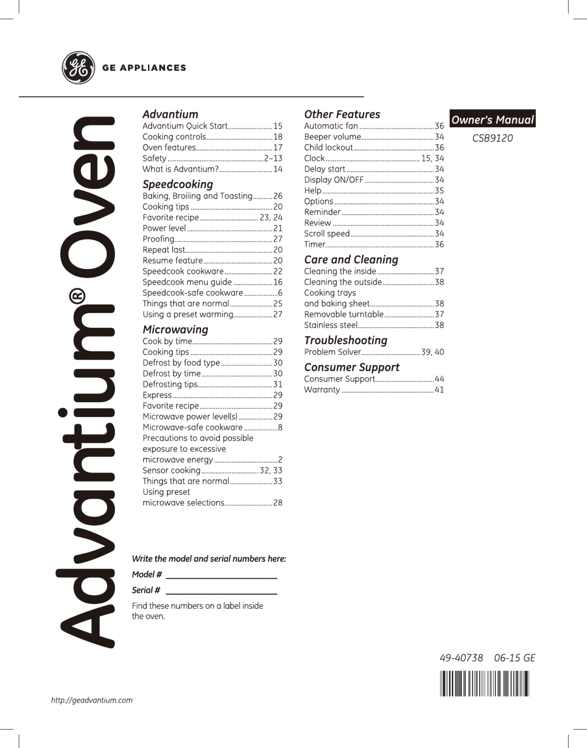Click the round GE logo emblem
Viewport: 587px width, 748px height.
pos(78,68)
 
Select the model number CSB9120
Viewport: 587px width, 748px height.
pos(492,138)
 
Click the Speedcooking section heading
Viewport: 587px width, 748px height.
pos(178,184)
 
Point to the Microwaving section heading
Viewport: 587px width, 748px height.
pos(175,329)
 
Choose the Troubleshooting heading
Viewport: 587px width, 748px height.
pos(345,340)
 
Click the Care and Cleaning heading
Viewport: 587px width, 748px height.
pos(351,259)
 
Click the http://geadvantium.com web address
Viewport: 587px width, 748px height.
pos(92,700)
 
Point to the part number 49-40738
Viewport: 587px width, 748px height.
pos(461,658)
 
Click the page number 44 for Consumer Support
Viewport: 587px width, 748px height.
pos(439,379)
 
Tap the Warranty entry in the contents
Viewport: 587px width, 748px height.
pos(322,390)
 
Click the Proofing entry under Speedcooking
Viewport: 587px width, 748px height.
pos(158,239)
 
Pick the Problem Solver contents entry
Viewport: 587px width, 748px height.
pos(332,352)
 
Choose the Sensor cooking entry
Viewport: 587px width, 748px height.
pos(171,470)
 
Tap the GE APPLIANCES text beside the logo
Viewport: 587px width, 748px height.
pos(144,68)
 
